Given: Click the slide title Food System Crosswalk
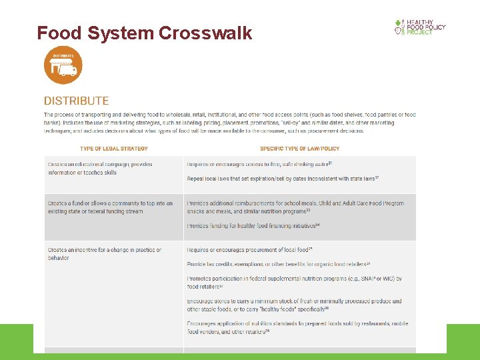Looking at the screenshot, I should [145, 33].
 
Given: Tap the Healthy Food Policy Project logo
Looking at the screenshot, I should [420, 27].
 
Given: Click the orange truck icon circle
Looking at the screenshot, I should [63, 65].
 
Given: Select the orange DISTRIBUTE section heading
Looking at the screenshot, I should [76, 101].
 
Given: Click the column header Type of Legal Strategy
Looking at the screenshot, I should [114, 148].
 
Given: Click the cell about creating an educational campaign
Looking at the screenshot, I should [100, 168].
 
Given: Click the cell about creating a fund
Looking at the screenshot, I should [110, 207].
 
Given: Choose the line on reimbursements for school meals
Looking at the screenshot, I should [295, 207].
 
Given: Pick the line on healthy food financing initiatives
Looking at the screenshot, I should [253, 226].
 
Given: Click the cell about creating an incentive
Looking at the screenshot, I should [104, 254].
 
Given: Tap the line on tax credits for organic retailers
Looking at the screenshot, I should [278, 265].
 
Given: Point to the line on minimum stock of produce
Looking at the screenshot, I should [294, 305].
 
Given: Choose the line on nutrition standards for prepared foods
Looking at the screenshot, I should [297, 327].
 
